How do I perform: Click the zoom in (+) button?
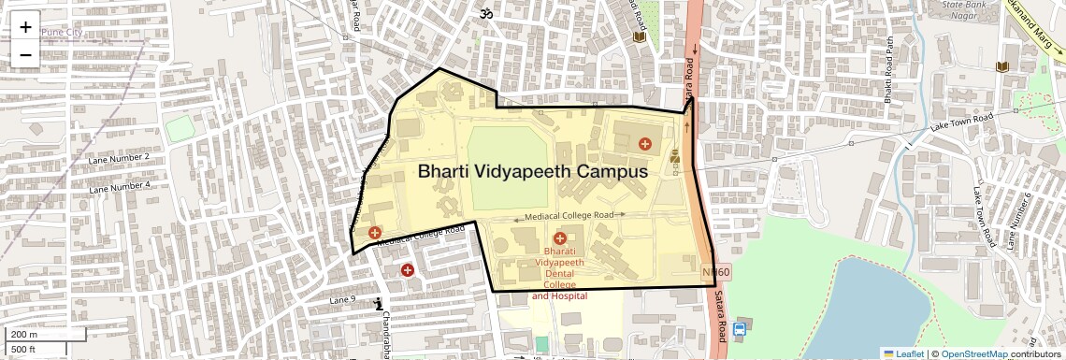point(25,27)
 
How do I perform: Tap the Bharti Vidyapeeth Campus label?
point(532,172)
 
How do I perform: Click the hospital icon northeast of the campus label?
point(644,144)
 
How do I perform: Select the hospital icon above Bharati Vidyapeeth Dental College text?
point(560,239)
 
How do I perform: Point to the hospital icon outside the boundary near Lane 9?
point(407,270)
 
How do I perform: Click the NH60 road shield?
point(715,272)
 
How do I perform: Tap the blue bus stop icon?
point(741,329)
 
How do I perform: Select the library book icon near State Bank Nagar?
point(1001,67)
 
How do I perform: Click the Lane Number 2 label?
point(120,156)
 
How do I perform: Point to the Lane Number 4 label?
point(120,186)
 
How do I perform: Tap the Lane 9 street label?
point(343,299)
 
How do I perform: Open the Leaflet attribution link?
point(904,353)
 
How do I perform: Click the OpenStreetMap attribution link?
point(973,353)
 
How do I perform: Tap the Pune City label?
point(62,33)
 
